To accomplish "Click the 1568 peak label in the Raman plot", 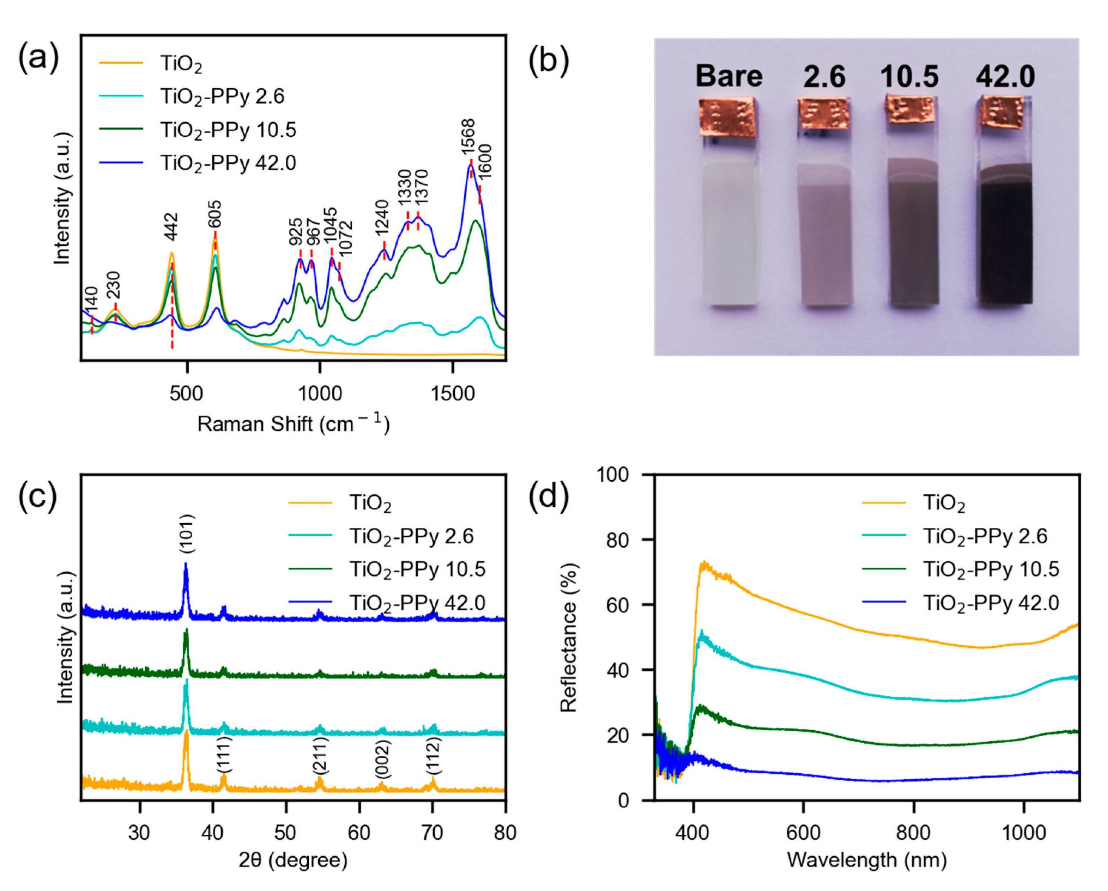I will (468, 137).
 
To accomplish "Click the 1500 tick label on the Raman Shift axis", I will (452, 394).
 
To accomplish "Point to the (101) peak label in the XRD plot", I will (186, 534).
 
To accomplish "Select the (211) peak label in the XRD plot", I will (320, 756).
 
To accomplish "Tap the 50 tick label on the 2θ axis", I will (285, 833).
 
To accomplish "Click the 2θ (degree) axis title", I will (293, 860).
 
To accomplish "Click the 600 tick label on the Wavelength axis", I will (803, 833).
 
